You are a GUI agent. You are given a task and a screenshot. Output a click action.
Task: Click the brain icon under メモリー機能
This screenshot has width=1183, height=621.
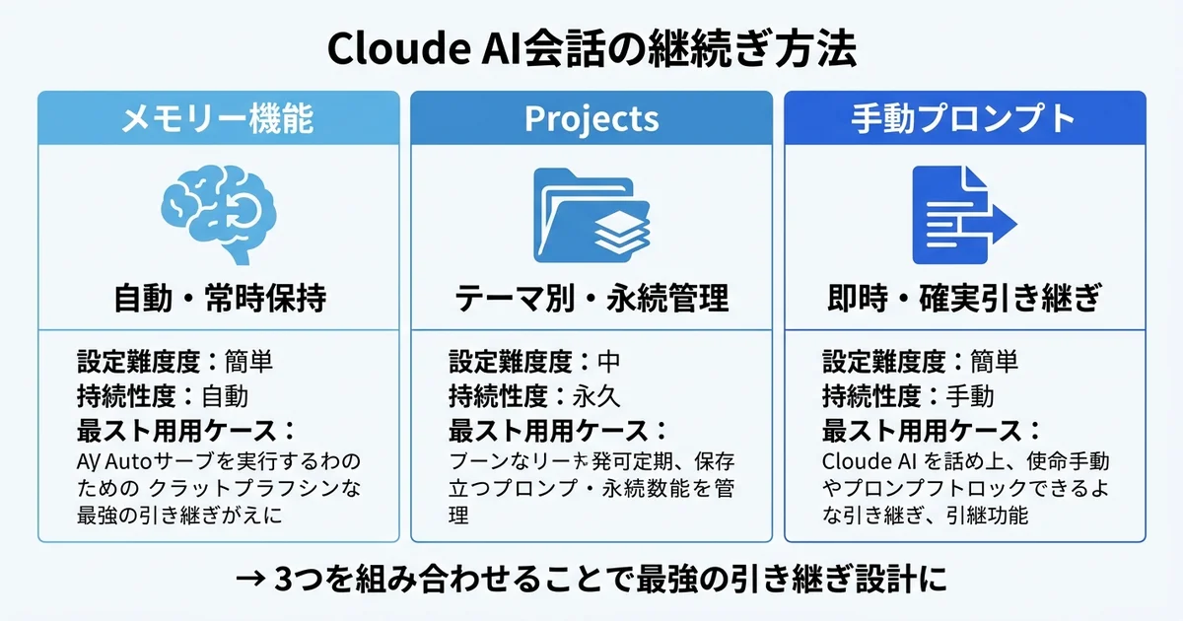click(219, 213)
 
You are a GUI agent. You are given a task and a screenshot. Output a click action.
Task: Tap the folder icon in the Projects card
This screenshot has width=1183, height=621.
click(591, 215)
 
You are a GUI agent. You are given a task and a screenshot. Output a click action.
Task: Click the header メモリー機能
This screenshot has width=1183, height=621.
click(218, 119)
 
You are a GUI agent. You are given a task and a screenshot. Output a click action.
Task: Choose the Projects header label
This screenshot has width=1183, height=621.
click(591, 119)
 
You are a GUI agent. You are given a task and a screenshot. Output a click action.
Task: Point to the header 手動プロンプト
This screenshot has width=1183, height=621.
click(963, 119)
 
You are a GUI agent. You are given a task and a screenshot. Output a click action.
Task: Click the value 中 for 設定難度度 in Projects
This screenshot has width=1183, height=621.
click(610, 361)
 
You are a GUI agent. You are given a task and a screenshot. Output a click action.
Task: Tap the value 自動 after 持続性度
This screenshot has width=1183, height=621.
click(225, 396)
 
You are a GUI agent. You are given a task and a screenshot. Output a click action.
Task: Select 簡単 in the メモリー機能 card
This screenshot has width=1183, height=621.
click(248, 361)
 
